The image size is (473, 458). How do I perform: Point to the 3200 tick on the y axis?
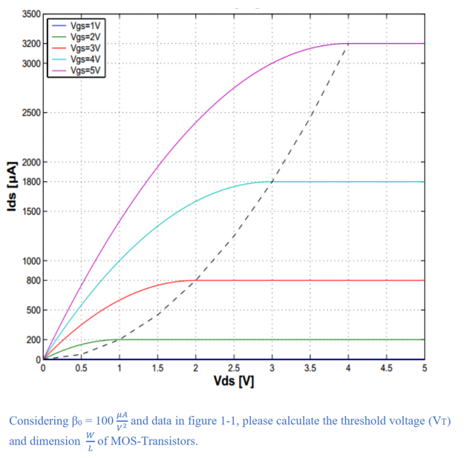coord(30,44)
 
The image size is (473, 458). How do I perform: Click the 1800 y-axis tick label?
coord(30,182)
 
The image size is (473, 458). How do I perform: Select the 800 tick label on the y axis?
coord(33,281)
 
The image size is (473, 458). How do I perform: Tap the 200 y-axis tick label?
coord(33,340)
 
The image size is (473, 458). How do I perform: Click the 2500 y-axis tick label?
coord(30,113)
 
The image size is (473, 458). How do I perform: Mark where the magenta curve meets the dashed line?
coord(348,44)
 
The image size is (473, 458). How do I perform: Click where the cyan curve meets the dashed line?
coord(273,182)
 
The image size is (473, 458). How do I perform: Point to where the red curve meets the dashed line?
coord(196,281)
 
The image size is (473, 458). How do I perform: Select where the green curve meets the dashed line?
coord(120,339)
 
